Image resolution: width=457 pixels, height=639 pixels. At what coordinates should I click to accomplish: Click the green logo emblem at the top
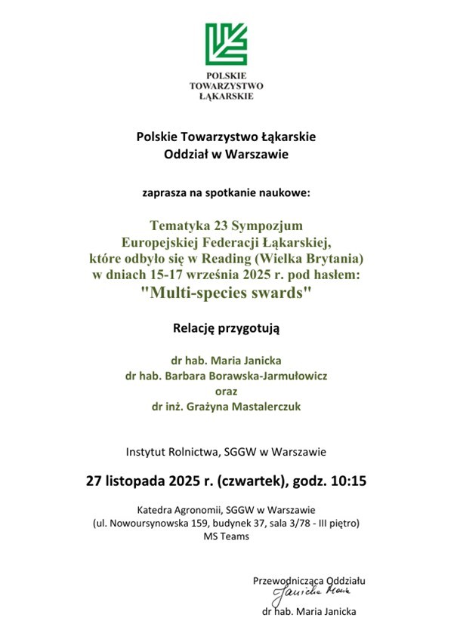(x=227, y=44)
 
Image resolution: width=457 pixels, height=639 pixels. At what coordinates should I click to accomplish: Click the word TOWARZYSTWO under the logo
(x=227, y=86)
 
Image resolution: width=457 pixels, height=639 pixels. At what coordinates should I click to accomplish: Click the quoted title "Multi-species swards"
(x=227, y=293)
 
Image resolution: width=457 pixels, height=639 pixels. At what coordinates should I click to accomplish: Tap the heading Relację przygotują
(x=227, y=328)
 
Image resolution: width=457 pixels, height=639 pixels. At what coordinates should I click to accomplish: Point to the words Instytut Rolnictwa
(x=172, y=453)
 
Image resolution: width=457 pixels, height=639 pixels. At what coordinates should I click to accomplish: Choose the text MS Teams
(x=227, y=536)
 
